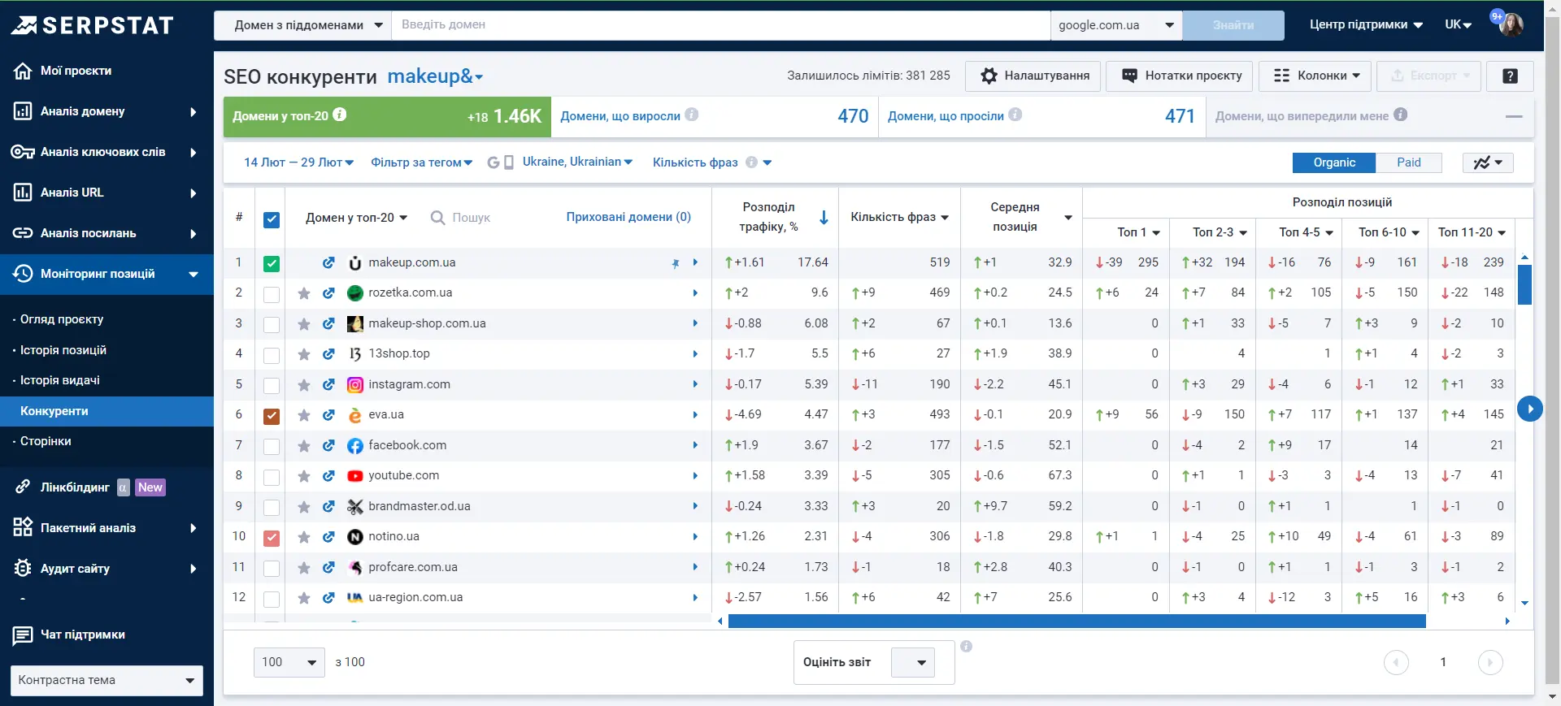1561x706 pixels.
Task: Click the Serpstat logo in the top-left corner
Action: tap(92, 25)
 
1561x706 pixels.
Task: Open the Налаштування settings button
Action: tap(1033, 76)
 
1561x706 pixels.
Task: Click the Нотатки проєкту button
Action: tap(1181, 76)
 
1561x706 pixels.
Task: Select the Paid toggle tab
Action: tap(1408, 162)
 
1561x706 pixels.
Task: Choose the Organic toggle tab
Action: tap(1334, 162)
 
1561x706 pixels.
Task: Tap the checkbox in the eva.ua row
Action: tap(272, 416)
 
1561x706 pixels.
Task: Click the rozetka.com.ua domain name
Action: tap(410, 292)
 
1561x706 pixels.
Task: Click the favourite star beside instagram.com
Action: tap(304, 385)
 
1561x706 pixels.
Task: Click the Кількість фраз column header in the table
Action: tap(899, 217)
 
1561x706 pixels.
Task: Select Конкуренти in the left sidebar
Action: tap(54, 411)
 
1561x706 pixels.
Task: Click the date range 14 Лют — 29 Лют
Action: tap(298, 162)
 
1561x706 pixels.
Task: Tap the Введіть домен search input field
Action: tap(720, 25)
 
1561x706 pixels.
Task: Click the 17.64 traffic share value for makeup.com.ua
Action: tap(813, 262)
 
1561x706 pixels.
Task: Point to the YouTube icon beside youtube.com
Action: tap(354, 476)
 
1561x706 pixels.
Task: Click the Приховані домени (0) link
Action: tap(628, 217)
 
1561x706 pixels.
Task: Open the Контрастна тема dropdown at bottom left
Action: tap(107, 681)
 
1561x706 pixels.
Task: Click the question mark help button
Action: tap(1510, 76)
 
